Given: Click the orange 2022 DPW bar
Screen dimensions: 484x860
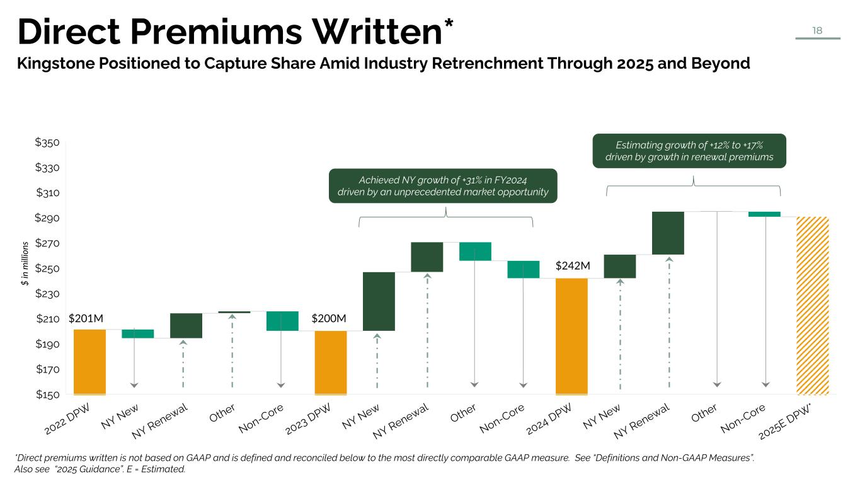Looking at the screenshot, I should pyautogui.click(x=89, y=362).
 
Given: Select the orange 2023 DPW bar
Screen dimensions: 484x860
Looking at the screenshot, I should pyautogui.click(x=331, y=362).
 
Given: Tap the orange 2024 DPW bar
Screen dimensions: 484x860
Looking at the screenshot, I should pyautogui.click(x=571, y=337).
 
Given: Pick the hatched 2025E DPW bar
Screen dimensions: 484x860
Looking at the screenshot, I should pyautogui.click(x=812, y=306).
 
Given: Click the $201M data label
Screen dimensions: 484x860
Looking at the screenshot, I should pyautogui.click(x=86, y=319).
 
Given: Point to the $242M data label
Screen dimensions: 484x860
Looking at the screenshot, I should pyautogui.click(x=573, y=266).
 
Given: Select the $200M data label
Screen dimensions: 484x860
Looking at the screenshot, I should pyautogui.click(x=329, y=319).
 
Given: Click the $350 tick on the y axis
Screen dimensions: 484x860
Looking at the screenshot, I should pyautogui.click(x=47, y=143).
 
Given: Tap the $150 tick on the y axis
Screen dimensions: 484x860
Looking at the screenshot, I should pyautogui.click(x=47, y=395).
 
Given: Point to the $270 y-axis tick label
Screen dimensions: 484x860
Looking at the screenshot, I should pyautogui.click(x=47, y=244).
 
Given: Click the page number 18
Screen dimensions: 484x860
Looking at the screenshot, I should pyautogui.click(x=817, y=30).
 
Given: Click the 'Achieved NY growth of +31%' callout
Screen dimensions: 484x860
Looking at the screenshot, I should pyautogui.click(x=444, y=186).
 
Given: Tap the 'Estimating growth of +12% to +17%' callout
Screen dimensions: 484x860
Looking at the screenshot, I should pyautogui.click(x=689, y=151).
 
